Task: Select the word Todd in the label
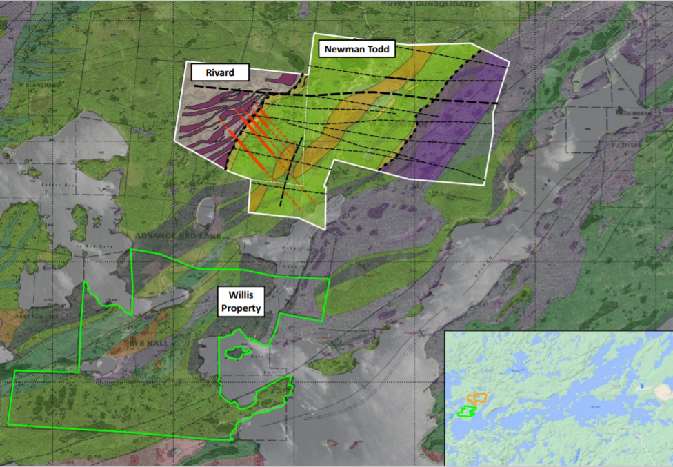(x=380, y=50)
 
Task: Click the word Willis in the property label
(x=232, y=295)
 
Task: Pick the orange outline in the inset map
(x=477, y=398)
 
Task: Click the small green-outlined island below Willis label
(x=238, y=352)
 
